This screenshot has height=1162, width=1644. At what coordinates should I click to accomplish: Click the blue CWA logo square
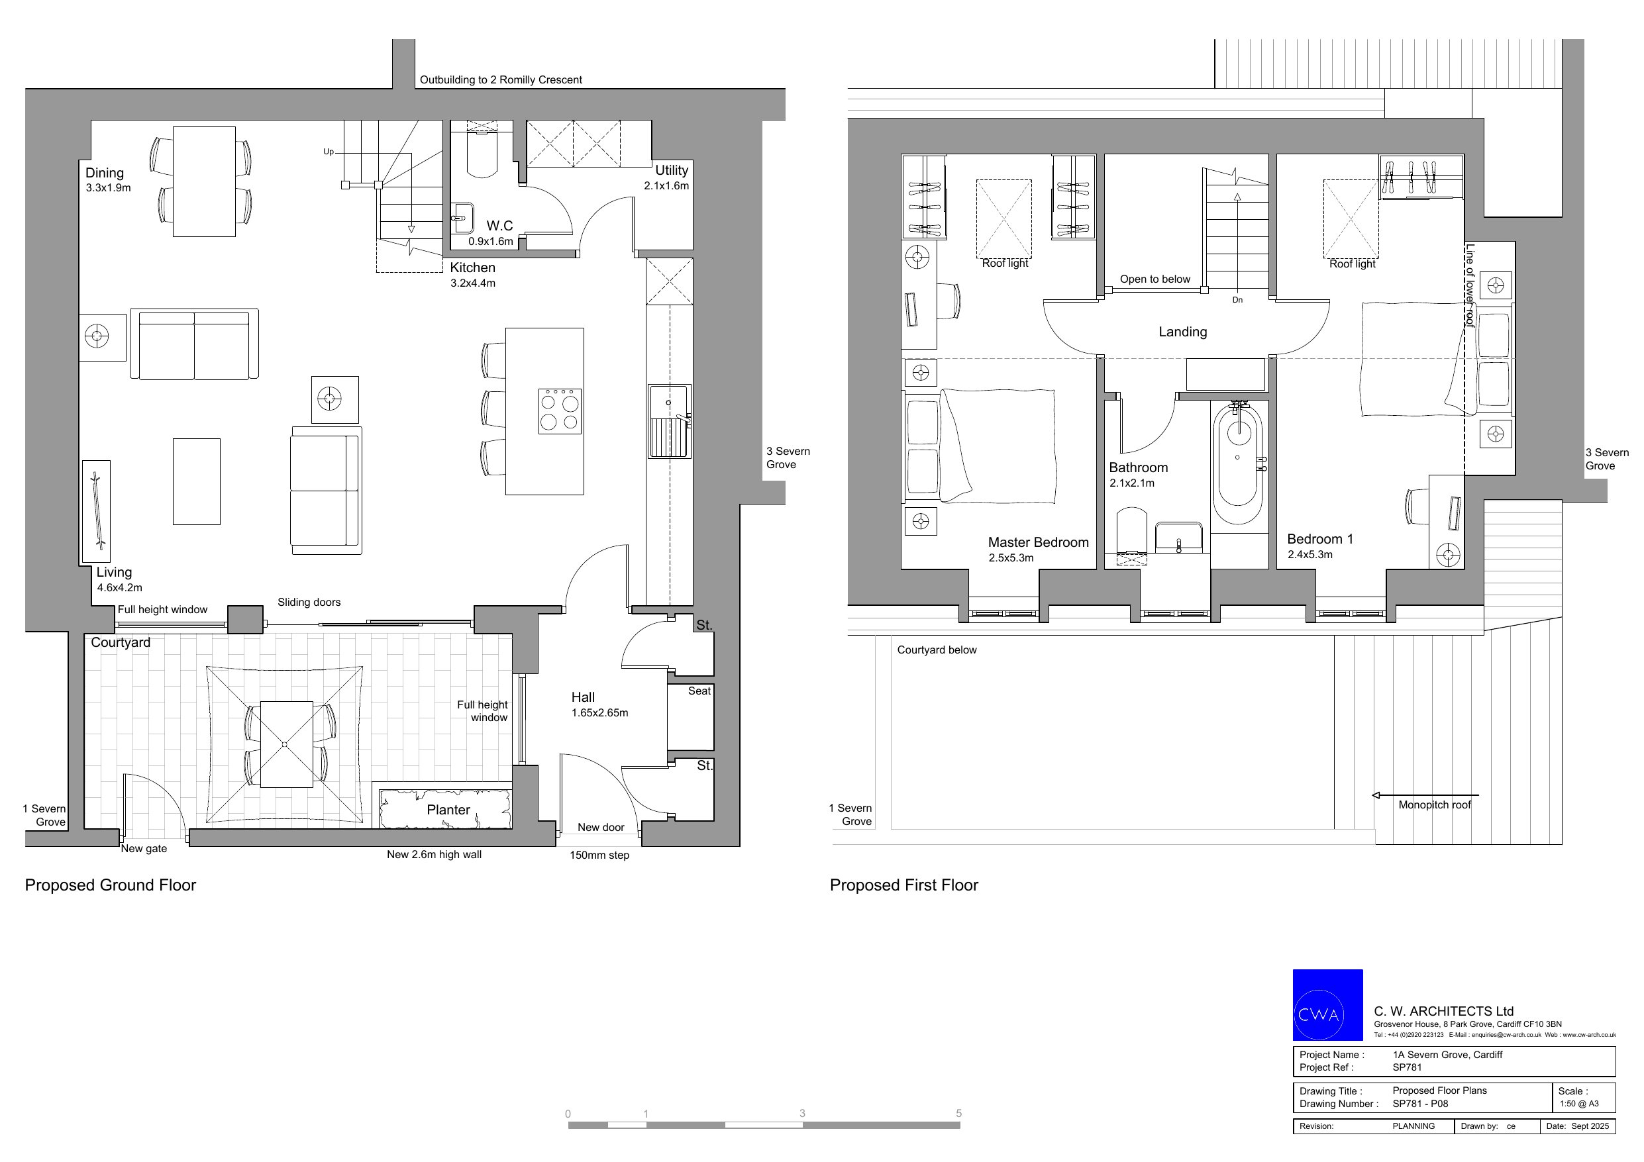click(x=1327, y=1004)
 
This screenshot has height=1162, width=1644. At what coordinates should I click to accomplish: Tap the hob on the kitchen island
click(x=560, y=411)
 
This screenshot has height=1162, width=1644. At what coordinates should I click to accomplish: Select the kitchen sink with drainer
click(x=670, y=421)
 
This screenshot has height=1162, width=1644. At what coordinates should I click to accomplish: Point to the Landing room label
click(x=1183, y=332)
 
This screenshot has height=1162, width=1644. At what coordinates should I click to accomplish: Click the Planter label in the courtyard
click(x=448, y=810)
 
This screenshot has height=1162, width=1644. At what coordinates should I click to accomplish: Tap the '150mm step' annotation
click(x=599, y=855)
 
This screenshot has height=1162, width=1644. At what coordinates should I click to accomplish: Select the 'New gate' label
click(x=143, y=848)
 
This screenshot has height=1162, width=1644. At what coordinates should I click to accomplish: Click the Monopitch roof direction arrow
click(x=1425, y=795)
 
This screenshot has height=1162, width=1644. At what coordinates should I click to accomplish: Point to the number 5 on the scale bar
click(x=958, y=1113)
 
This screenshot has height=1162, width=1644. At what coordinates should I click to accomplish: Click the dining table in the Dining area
click(x=204, y=182)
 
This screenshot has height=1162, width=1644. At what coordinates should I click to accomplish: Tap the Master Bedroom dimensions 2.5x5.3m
click(x=1011, y=557)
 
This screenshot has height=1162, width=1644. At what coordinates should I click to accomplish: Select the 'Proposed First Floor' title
click(x=903, y=885)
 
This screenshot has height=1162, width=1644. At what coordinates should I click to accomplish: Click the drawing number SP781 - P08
click(x=1421, y=1103)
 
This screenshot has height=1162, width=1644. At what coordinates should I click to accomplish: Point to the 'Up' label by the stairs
click(x=329, y=152)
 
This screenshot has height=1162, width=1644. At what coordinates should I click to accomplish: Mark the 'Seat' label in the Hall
click(x=699, y=691)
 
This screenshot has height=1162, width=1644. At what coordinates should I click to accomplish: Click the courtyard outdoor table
click(x=286, y=745)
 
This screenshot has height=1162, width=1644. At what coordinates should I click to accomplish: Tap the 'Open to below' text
click(x=1155, y=279)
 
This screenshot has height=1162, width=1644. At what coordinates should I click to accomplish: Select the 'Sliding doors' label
click(x=309, y=602)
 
